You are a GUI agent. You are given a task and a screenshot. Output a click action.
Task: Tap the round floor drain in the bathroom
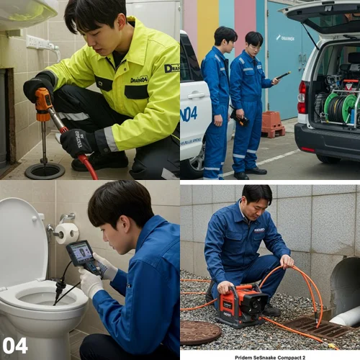(x=45, y=171)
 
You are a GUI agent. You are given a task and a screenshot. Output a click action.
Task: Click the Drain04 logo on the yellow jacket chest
(x=139, y=79)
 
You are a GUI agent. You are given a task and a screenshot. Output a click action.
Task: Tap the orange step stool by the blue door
(x=273, y=122)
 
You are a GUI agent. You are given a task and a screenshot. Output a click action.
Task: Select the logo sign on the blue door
(x=285, y=37)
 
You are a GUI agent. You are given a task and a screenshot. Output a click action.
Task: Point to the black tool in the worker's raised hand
(x=283, y=75)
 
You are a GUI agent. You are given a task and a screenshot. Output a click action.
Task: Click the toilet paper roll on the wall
(x=67, y=233)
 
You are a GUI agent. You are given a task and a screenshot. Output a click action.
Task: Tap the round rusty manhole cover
(x=199, y=332)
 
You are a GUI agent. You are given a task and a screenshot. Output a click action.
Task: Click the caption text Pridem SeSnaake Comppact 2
(x=269, y=355)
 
